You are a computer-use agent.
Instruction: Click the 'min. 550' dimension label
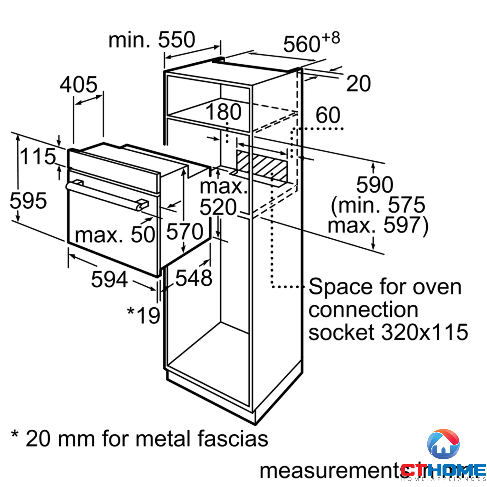[x=152, y=40]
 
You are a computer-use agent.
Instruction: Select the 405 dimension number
[x=78, y=85]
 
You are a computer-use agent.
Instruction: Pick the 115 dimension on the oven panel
[x=38, y=157]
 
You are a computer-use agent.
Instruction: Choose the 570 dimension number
[x=185, y=231]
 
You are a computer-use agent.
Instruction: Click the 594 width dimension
[x=109, y=279]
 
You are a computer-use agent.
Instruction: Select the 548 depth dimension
[x=194, y=278]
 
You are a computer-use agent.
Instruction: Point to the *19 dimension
[x=144, y=315]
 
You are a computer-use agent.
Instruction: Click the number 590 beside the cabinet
[x=375, y=185]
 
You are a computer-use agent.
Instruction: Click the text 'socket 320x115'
[x=388, y=332]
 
